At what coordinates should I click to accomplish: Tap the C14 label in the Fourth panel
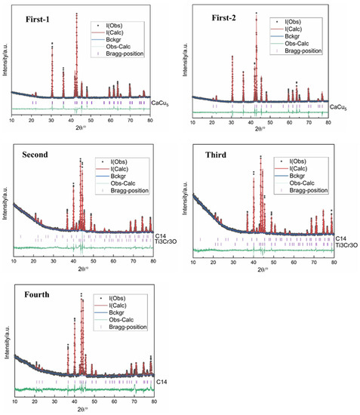tap(160, 383)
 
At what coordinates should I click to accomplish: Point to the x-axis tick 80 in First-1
tap(150, 120)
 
